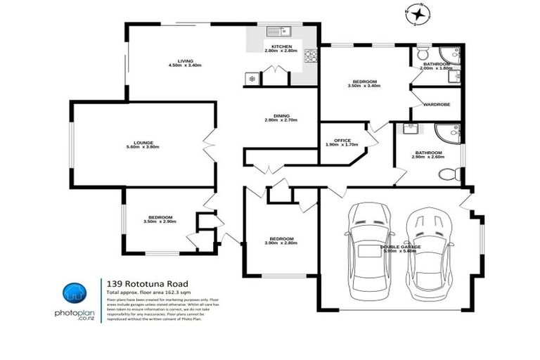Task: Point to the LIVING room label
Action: (185, 60)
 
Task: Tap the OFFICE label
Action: (342, 141)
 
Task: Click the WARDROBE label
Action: (436, 105)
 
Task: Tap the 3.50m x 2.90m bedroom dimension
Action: (160, 221)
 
